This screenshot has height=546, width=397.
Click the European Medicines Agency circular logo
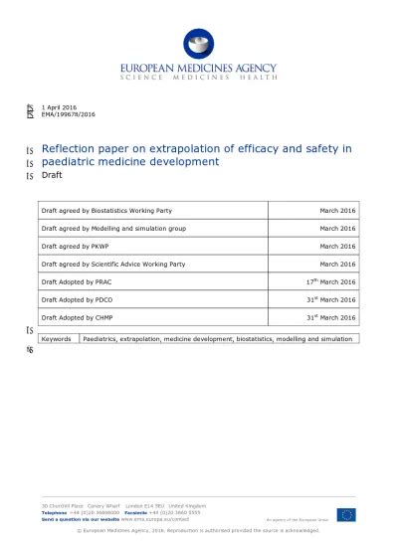(197, 44)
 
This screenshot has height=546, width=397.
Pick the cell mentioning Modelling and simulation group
(110, 227)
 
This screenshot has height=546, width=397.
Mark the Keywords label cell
(56, 339)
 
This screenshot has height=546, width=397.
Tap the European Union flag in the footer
(345, 513)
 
